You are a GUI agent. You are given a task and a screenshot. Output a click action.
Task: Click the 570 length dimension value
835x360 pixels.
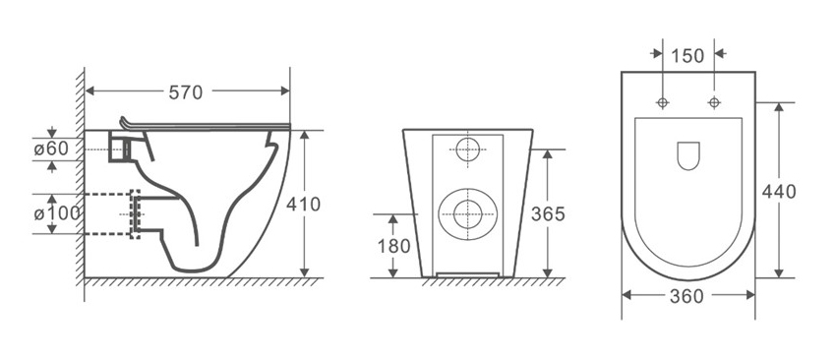tap(186, 92)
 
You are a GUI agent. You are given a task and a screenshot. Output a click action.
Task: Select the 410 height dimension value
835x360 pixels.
tap(304, 204)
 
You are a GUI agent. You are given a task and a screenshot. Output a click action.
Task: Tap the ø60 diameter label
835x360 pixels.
tap(52, 150)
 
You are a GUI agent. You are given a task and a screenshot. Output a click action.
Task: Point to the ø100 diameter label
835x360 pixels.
tap(57, 213)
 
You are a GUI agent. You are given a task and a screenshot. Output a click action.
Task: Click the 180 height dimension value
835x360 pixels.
tap(394, 246)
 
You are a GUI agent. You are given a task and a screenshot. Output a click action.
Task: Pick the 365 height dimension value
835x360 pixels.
tap(548, 214)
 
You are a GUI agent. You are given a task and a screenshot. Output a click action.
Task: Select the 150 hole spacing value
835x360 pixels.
tap(687, 55)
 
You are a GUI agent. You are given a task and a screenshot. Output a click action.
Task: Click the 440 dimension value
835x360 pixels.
tap(779, 191)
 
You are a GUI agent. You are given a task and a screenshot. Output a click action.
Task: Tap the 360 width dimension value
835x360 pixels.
tap(686, 297)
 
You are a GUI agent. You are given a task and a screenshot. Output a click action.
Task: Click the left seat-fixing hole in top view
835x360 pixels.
tap(663, 102)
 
